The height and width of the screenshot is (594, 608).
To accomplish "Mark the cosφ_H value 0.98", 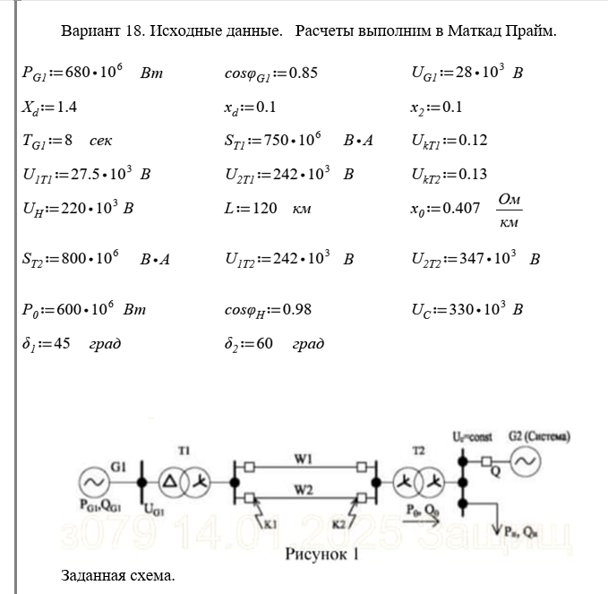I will click(x=299, y=310).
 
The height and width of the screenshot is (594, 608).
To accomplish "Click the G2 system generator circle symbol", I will click(x=524, y=462).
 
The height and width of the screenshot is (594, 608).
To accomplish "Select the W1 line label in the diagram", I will click(x=303, y=458).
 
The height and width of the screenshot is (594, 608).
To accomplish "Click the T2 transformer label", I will click(x=418, y=447).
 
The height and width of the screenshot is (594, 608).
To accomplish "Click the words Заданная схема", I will click(x=118, y=574).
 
